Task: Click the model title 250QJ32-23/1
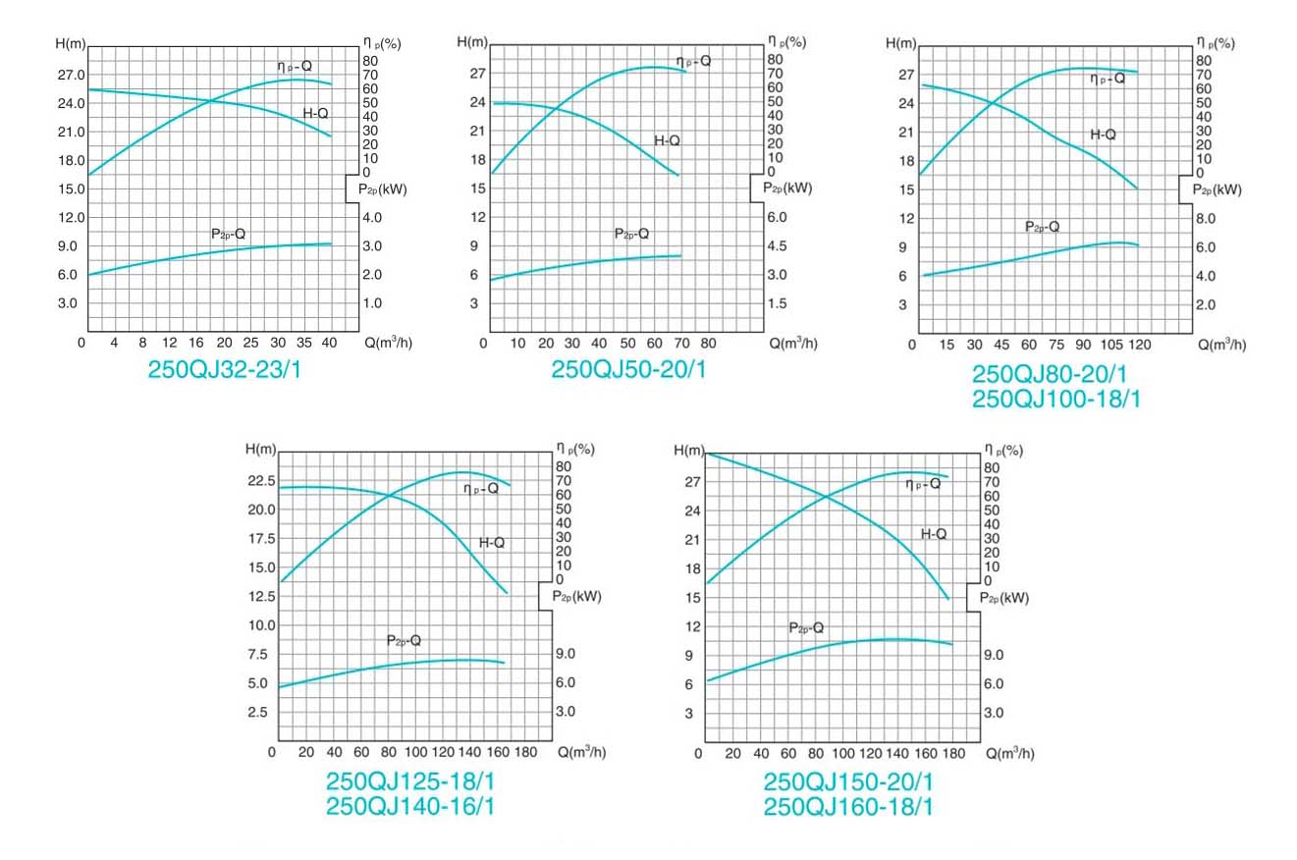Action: pos(224,370)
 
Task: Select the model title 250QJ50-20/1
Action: pos(628,370)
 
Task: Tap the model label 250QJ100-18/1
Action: pos(1055,400)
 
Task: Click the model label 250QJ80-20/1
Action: pos(1050,374)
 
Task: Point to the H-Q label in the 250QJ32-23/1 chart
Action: pos(315,114)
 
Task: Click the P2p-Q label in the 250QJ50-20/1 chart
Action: pos(632,234)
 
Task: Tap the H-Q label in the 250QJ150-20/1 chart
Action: pos(934,534)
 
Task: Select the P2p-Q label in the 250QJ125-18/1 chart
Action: pos(404,640)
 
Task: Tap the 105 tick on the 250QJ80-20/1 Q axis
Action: pos(1110,345)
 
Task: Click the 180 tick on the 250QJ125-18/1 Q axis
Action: pos(526,752)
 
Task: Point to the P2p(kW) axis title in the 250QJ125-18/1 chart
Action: pos(576,596)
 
